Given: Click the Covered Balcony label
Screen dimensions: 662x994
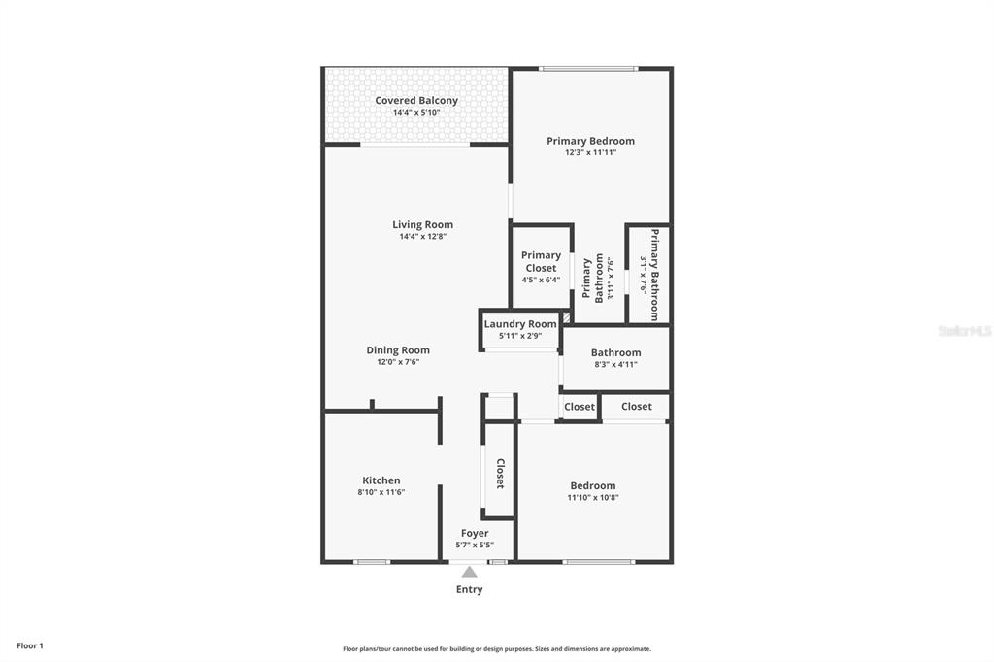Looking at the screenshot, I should coord(416,100).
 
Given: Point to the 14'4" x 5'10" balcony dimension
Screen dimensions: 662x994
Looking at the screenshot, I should coord(416,113).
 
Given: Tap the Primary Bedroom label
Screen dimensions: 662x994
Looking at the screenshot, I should coord(590,141).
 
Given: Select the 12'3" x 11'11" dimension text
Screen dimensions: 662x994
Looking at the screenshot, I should coord(590,152).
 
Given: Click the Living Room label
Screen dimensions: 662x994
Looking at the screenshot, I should coord(422,224).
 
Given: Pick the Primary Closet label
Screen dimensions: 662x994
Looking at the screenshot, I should coord(541,262).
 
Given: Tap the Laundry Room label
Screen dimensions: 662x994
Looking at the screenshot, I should coord(520,324).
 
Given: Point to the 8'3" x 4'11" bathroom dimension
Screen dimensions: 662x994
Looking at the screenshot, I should coord(615,365).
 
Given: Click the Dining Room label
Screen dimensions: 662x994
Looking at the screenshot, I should coord(398,350).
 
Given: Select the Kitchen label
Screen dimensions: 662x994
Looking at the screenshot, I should coord(381,480).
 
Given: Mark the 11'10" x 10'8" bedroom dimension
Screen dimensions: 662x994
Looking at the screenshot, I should coord(592,498).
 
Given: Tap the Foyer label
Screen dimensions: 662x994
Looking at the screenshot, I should coord(475,533).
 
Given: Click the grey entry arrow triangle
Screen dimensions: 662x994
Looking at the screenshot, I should coord(470,572).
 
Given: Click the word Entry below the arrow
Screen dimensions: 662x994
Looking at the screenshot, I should coord(470,589).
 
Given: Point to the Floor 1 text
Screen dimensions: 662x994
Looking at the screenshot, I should coord(30,645).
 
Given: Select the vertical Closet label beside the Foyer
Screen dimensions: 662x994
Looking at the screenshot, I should coord(501,473).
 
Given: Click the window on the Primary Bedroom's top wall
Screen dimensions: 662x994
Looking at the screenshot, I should coord(588,68).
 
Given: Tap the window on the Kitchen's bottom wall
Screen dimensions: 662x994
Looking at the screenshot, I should coord(371,562).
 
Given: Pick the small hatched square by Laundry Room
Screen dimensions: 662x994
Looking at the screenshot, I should coord(566,316).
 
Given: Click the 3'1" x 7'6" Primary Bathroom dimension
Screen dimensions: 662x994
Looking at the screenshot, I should coord(644,275).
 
